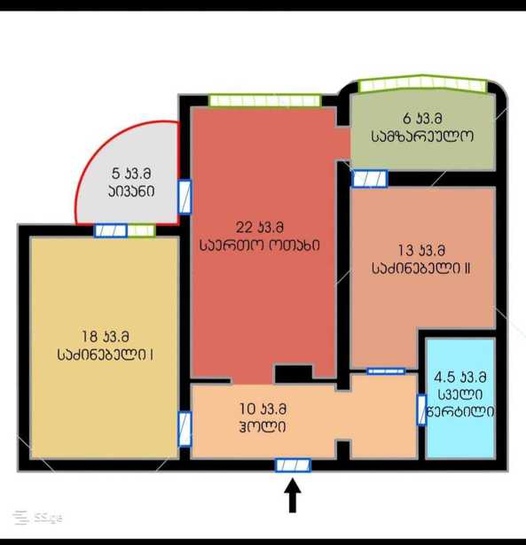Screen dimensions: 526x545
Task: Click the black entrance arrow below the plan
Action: pos(293,495)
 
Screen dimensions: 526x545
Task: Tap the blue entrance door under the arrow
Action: pos(293,465)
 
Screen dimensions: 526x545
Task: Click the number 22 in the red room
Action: pos(244,228)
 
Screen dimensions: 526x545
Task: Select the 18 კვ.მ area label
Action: pos(106,337)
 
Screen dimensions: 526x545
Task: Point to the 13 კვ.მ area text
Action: pos(421,250)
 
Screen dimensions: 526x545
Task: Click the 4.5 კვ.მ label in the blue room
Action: pos(459,377)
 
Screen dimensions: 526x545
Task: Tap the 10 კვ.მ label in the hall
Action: pos(263,409)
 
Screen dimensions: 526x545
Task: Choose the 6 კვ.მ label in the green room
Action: pos(422,119)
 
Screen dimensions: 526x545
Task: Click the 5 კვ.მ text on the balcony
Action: pos(131,174)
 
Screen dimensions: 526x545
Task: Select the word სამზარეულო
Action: pos(422,136)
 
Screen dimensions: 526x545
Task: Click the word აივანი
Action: pos(131,191)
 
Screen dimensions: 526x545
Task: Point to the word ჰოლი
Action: pos(263,426)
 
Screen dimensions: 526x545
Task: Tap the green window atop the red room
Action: pos(264,100)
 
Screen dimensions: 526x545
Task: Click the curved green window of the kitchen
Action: pos(422,84)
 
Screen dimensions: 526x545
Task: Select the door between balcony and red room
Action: pos(184,197)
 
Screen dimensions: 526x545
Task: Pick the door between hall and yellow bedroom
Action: pos(184,429)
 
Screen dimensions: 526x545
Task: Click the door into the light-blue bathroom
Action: pos(421,409)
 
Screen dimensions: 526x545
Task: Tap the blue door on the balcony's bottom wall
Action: pos(111,230)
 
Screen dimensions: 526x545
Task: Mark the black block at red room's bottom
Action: pos(294,374)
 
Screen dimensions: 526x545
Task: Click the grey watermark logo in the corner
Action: pos(37,518)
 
